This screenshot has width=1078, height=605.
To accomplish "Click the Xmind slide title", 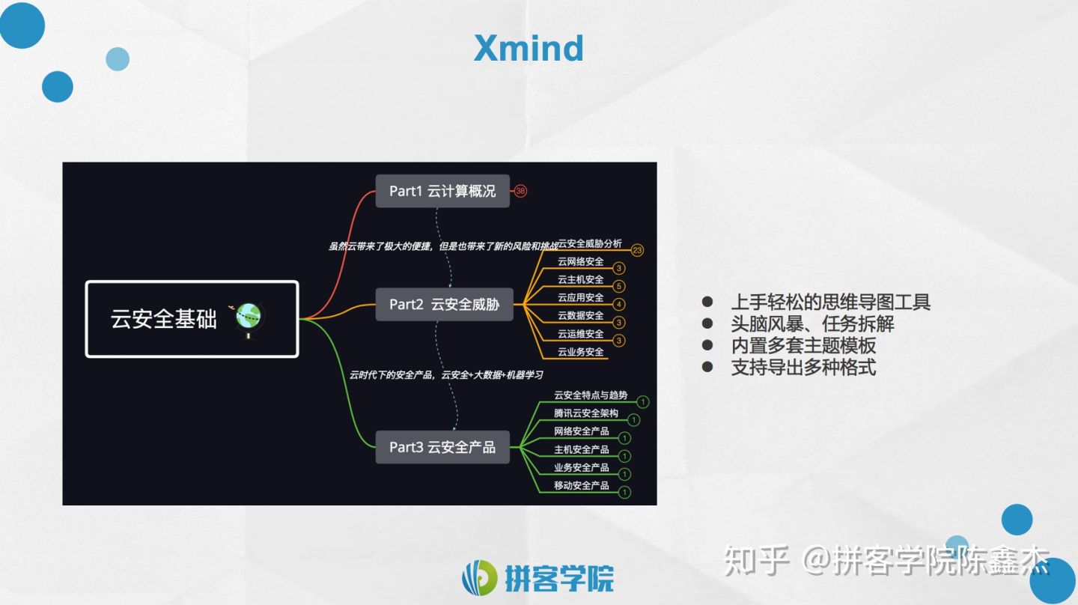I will click(529, 49).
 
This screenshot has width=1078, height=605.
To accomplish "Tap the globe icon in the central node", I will click(249, 317).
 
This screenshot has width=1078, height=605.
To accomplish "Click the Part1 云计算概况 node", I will click(442, 191).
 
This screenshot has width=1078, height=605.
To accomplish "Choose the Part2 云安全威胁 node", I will click(444, 305).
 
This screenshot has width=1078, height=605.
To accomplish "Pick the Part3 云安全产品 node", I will click(442, 447).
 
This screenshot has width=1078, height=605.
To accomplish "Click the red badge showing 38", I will click(521, 191).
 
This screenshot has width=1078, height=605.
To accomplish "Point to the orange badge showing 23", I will click(637, 250).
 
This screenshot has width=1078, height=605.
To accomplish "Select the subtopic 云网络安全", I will click(580, 262).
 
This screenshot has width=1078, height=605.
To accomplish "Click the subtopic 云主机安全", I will click(580, 280).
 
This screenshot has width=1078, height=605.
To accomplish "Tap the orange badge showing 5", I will click(619, 286).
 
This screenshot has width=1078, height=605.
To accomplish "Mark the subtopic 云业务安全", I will click(580, 352).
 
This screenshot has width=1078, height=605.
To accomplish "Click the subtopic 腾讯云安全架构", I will click(586, 413).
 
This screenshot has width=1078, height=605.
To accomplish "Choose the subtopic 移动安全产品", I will click(582, 485).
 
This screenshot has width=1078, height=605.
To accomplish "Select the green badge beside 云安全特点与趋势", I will click(642, 402).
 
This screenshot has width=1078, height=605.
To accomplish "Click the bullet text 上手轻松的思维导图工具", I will click(830, 302).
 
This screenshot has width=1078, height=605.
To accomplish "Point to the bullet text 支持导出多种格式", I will click(803, 368).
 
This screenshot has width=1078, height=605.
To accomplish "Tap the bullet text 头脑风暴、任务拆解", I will click(812, 324).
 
